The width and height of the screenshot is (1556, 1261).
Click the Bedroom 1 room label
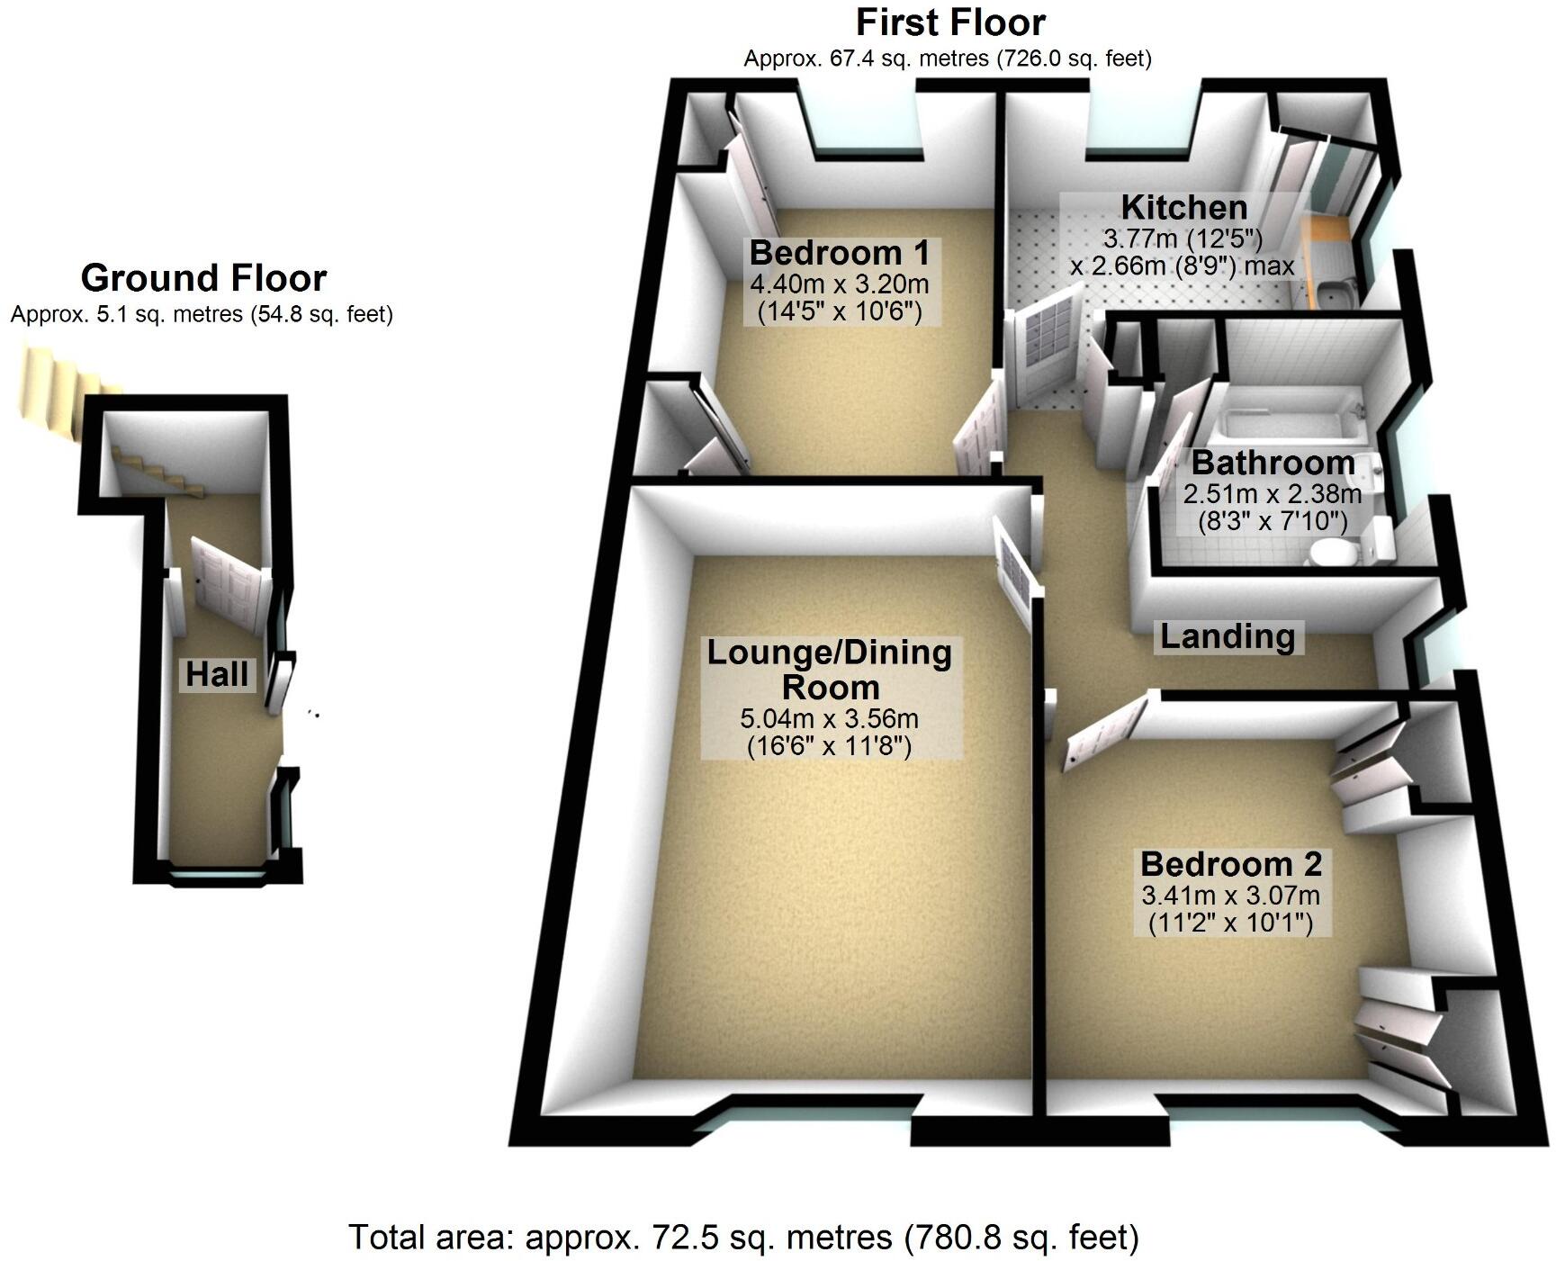840,253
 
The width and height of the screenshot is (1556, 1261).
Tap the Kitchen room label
1183,208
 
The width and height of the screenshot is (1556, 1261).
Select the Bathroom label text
1273,464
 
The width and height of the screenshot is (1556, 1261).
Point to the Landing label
1228,636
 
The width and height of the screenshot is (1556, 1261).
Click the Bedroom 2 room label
1230,864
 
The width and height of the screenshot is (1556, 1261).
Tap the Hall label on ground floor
218,673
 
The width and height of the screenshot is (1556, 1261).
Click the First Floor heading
950,23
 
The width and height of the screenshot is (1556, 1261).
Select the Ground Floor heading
203,278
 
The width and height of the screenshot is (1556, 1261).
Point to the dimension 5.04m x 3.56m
829,719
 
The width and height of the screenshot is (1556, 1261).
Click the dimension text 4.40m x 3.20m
839,285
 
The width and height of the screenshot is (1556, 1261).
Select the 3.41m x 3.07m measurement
1230,896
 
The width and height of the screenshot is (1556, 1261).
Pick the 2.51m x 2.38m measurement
1272,494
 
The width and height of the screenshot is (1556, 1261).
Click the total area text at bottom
743,1237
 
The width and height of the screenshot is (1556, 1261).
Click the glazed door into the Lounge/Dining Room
1015,568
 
